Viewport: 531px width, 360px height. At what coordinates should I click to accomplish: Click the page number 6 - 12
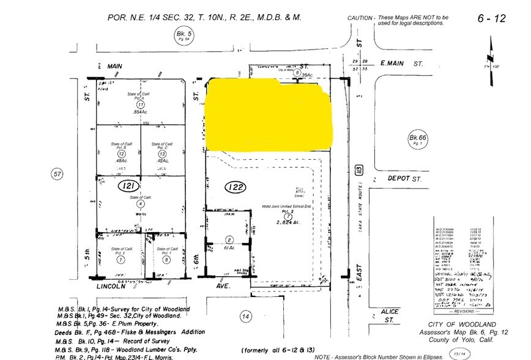(492, 18)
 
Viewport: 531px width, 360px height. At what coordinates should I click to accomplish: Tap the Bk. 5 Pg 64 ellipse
(182, 37)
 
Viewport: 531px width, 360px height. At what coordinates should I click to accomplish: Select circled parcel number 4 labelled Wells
(139, 205)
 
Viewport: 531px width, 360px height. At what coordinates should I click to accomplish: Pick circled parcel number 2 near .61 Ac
(229, 239)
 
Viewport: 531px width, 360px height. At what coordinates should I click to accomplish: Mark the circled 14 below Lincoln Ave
(246, 316)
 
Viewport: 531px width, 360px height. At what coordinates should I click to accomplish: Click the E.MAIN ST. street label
(401, 63)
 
